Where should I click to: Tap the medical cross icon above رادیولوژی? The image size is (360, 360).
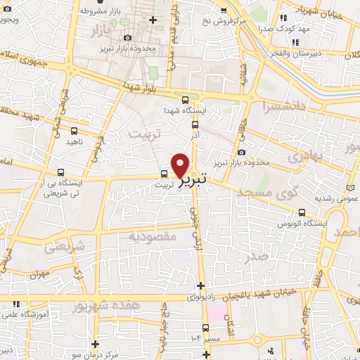(x=202, y=285)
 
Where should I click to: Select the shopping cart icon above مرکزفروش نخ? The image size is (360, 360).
(x=223, y=10)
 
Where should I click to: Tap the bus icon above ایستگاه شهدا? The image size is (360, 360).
(x=184, y=100)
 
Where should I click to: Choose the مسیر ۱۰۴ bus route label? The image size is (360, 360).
(x=206, y=339)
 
